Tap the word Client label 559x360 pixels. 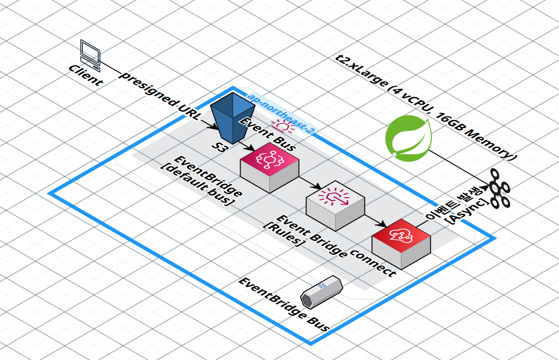(x=86, y=76)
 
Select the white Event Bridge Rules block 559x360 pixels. (x=335, y=204)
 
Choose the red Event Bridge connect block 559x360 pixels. (x=401, y=242)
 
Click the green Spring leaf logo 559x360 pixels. (x=408, y=138)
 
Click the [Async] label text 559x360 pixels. (x=468, y=212)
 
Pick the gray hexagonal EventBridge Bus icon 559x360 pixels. (x=321, y=291)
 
